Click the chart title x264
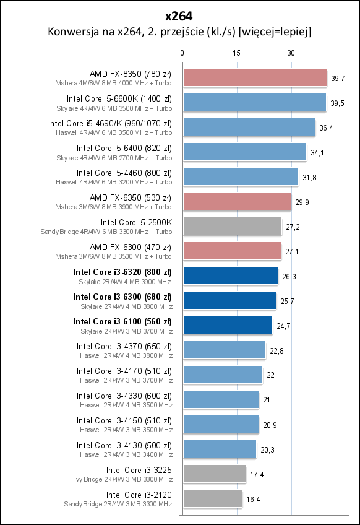click(179, 14)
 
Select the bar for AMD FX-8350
click(254, 77)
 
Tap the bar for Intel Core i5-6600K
click(254, 102)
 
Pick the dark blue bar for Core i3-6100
click(227, 325)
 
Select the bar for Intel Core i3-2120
click(212, 498)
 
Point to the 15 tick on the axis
click(236, 53)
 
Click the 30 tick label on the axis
click(291, 53)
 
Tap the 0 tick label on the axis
click(182, 53)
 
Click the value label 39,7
click(338, 79)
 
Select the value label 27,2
click(293, 227)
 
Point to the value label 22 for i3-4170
click(270, 376)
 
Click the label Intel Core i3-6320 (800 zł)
click(122, 272)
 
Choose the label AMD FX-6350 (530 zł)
click(131, 197)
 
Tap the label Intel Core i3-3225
click(139, 470)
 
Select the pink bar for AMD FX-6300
click(231, 251)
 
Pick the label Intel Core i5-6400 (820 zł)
click(124, 148)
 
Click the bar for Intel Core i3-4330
click(220, 399)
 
